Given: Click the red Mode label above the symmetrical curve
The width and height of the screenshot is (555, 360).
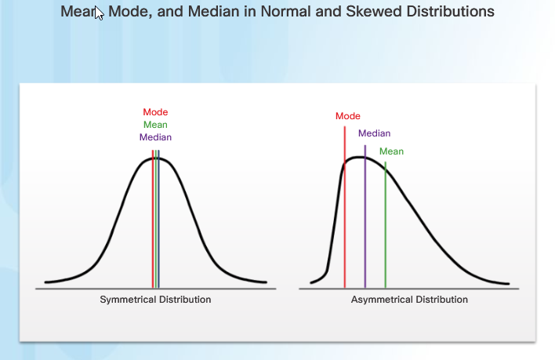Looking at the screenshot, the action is (155, 112).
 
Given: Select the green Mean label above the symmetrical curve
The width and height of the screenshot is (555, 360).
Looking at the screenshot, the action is (155, 125).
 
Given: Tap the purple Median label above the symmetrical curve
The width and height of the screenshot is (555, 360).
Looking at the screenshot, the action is (155, 137).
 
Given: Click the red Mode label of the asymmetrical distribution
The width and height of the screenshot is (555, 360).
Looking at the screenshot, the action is (348, 116).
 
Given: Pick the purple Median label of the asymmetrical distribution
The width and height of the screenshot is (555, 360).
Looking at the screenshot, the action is (375, 133).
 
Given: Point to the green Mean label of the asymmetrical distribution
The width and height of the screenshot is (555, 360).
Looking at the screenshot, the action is (391, 151).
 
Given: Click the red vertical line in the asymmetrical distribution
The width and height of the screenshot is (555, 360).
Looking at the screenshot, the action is (344, 207).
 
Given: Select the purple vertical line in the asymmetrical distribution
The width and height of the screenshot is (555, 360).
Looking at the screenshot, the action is (365, 216).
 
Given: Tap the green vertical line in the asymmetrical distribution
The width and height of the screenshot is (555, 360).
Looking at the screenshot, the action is (386, 225).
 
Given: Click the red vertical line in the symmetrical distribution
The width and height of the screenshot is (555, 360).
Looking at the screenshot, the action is (153, 219).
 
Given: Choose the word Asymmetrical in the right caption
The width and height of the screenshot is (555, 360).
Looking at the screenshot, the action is (382, 300).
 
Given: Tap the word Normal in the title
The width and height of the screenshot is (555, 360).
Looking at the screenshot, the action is (285, 12).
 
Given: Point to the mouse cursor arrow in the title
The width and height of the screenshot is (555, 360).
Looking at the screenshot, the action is (99, 13).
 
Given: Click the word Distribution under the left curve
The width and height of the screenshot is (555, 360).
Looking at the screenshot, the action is (182, 300).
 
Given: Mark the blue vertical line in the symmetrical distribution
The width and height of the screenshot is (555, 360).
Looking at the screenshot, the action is (158, 219).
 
